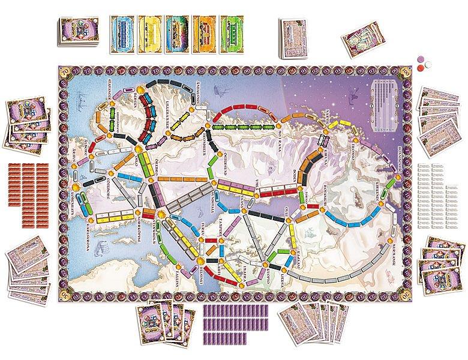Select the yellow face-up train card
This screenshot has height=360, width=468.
(x=151, y=29)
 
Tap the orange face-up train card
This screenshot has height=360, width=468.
(x=205, y=29)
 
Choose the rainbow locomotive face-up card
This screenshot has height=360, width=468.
(x=178, y=29)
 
